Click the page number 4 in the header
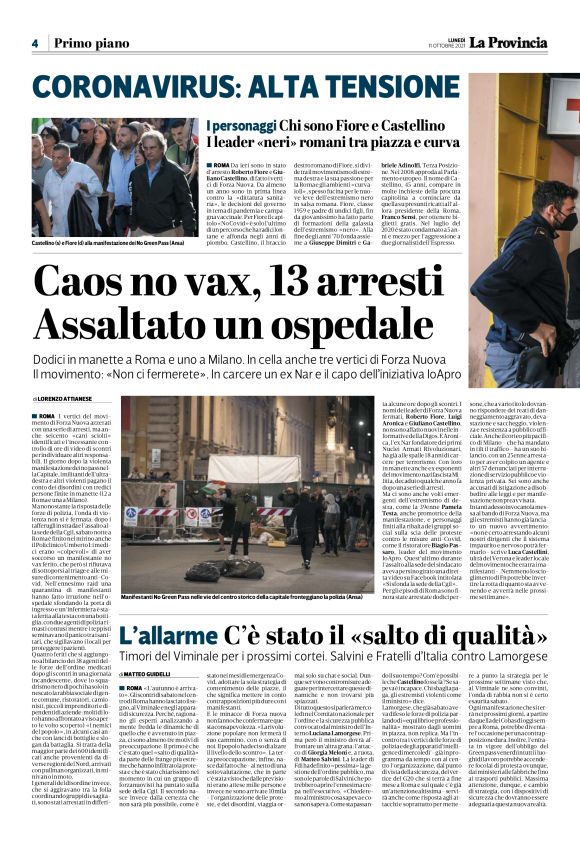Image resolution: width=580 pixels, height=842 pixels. pos(34,43)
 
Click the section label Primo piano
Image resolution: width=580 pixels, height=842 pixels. pos(91,43)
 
